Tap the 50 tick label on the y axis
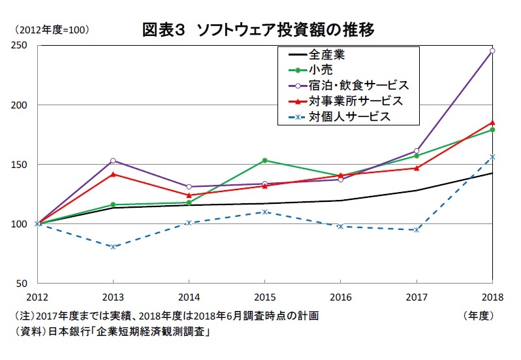tap(22, 284)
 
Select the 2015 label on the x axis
tap(265, 297)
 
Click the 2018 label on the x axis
tap(492, 297)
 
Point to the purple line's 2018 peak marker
tap(492, 50)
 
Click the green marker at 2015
tap(265, 160)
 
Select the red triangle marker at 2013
tap(113, 174)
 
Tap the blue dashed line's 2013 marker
tap(113, 246)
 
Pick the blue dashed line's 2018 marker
tap(492, 157)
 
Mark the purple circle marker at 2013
tap(113, 160)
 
